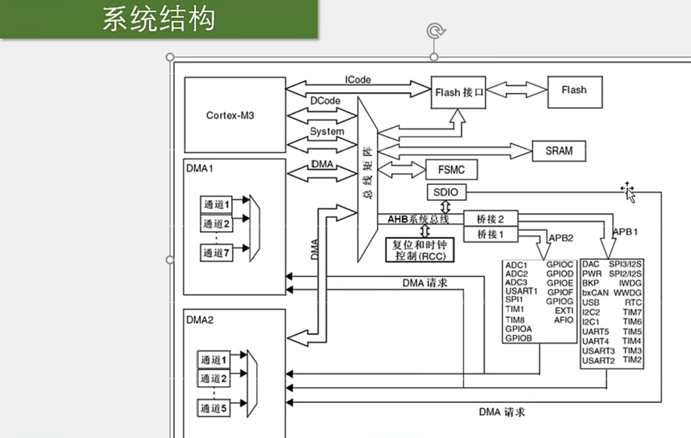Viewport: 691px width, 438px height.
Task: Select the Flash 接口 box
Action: point(459,92)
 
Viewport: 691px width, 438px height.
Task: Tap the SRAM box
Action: point(559,151)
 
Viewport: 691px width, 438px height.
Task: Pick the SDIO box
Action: point(445,193)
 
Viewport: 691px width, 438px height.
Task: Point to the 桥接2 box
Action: point(491,219)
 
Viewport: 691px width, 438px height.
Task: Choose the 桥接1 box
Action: point(491,234)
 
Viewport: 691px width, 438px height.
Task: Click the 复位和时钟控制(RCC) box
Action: point(420,249)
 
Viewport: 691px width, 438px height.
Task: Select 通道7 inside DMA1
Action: point(218,252)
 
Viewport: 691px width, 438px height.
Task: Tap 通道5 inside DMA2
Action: point(213,408)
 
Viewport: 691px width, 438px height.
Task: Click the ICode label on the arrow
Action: point(358,80)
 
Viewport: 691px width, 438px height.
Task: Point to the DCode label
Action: point(325,101)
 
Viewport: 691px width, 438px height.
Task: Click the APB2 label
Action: point(561,237)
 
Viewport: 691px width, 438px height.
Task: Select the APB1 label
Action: point(626,232)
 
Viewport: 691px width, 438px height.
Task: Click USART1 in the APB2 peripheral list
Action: point(521,291)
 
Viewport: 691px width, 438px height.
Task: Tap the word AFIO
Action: point(564,320)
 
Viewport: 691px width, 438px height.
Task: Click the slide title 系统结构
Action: point(159,20)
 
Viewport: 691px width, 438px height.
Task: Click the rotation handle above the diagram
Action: point(435,31)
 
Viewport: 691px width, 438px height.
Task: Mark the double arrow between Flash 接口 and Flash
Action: point(516,91)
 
